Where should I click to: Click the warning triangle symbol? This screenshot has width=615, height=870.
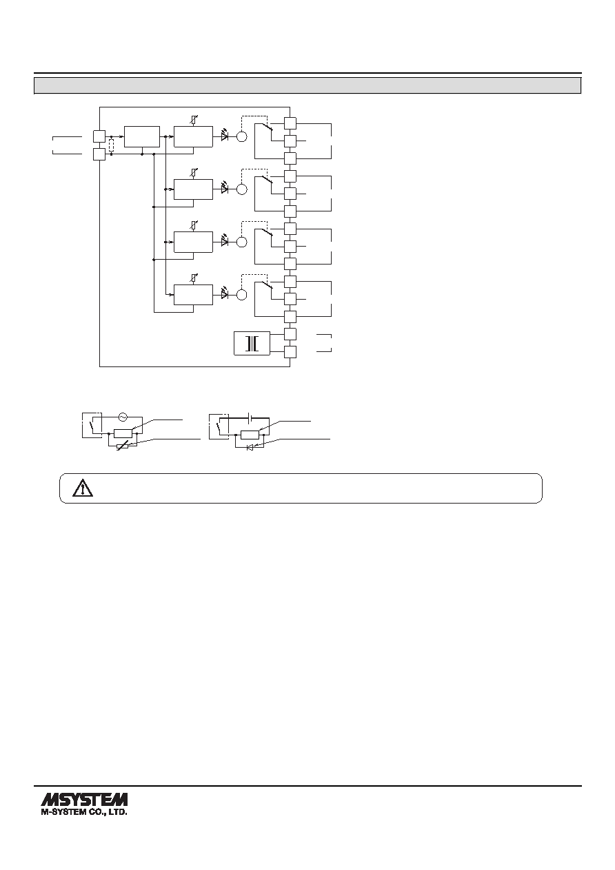click(83, 488)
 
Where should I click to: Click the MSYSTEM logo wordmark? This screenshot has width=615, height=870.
click(84, 800)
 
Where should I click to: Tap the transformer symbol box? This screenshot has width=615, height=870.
click(252, 343)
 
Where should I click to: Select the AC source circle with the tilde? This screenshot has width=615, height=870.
click(123, 417)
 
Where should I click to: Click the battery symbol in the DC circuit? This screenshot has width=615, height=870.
click(250, 418)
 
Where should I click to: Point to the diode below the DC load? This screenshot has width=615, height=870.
click(250, 448)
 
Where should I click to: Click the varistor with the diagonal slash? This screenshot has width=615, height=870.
click(123, 446)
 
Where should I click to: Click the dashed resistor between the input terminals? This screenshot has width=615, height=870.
click(112, 145)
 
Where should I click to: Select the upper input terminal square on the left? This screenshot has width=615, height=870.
click(99, 136)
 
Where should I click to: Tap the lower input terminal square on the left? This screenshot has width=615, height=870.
click(99, 154)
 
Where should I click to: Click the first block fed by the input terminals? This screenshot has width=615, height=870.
click(142, 136)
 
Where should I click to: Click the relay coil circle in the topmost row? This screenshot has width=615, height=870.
click(242, 136)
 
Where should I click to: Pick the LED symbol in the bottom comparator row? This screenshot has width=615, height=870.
click(224, 294)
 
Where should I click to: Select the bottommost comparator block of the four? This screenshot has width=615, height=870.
click(193, 295)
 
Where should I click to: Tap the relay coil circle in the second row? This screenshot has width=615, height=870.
click(242, 189)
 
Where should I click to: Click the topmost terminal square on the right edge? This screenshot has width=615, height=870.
click(290, 123)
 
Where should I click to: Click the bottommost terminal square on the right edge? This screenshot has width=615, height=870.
click(290, 352)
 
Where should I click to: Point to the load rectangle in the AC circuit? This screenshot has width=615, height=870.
click(123, 433)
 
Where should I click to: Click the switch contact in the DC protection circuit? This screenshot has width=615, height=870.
click(220, 430)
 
